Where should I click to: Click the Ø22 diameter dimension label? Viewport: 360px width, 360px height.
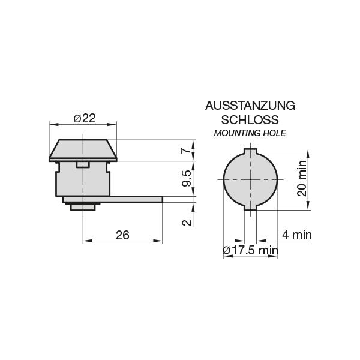click(x=85, y=118)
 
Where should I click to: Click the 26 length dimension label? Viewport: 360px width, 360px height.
click(x=122, y=235)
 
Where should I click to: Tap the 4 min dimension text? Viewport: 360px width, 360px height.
click(x=297, y=235)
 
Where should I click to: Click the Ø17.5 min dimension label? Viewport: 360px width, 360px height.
click(x=251, y=250)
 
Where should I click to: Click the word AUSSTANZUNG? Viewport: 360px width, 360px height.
click(x=250, y=106)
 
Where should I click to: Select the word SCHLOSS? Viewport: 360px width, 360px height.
click(x=250, y=119)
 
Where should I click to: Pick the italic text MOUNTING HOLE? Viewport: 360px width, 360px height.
click(x=250, y=133)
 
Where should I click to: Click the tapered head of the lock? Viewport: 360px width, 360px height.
click(x=83, y=150)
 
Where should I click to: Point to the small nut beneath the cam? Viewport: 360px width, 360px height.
click(x=83, y=207)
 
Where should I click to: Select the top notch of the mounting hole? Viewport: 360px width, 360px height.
click(x=250, y=151)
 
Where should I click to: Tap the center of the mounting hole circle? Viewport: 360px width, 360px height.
click(x=250, y=179)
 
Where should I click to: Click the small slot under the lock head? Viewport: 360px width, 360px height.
click(x=83, y=164)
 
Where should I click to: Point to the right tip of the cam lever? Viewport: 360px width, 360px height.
click(x=160, y=199)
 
